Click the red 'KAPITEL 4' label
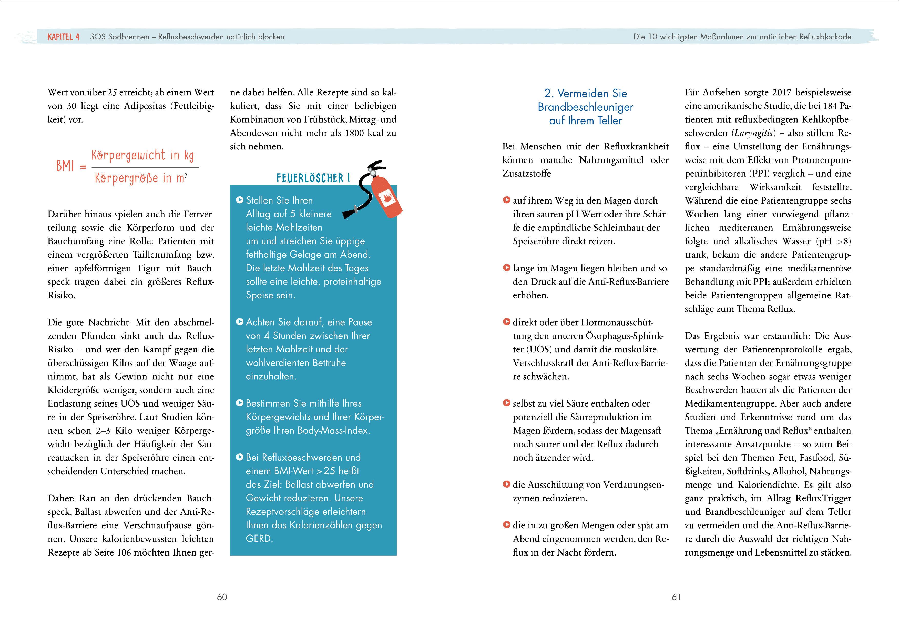coord(64,37)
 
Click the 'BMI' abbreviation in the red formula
coord(65,166)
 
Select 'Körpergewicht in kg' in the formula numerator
coord(142,156)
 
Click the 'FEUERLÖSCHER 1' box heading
coord(313,178)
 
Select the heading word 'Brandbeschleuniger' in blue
coord(585,107)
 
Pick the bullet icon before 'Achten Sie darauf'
coord(240,322)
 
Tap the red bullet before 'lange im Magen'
coord(506,268)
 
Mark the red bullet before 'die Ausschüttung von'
coord(506,484)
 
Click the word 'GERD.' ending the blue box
coord(259,539)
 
